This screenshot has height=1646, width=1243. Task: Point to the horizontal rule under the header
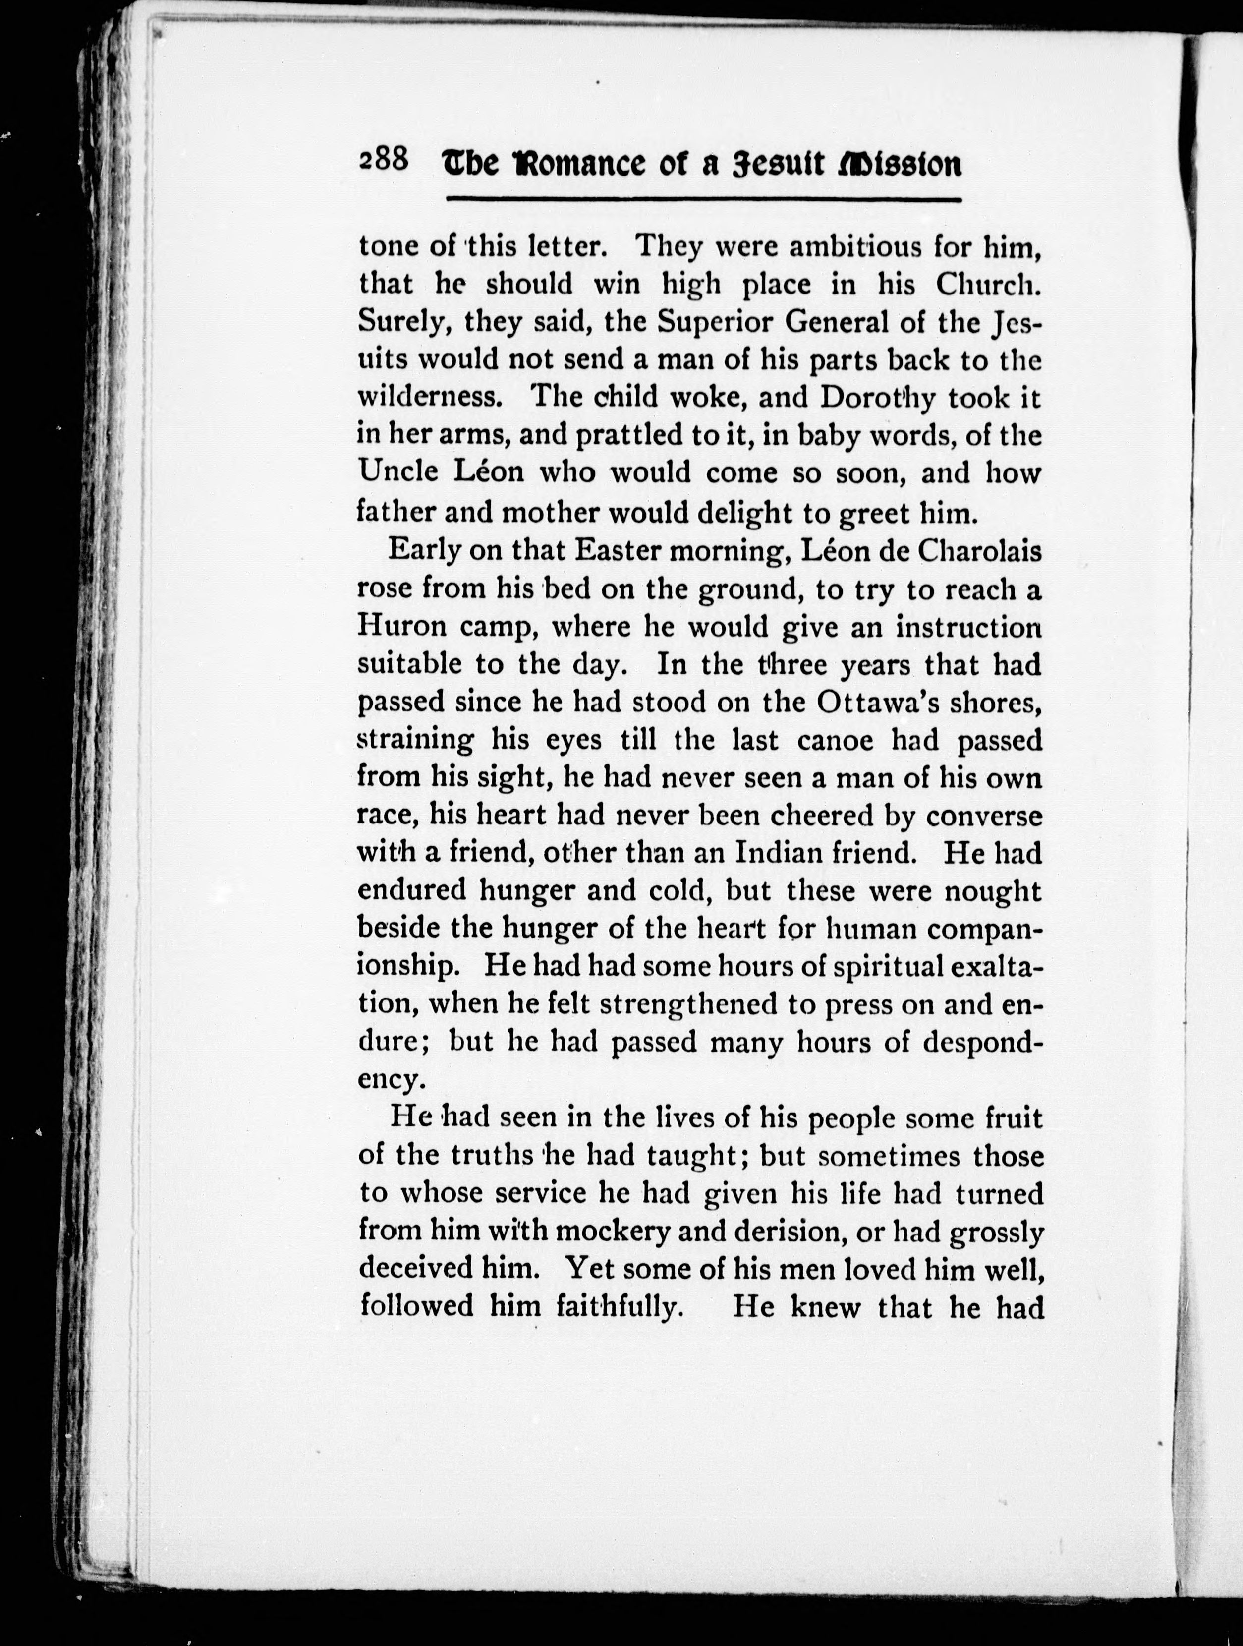[x=703, y=199]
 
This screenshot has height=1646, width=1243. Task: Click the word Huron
[x=401, y=627]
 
